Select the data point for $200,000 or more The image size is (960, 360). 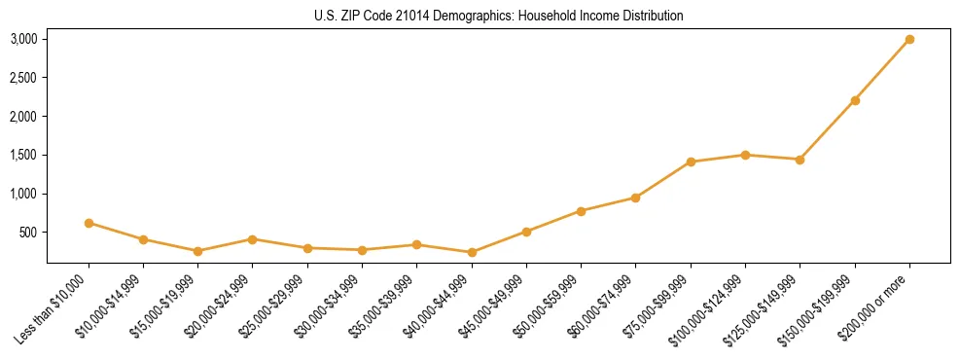(x=909, y=39)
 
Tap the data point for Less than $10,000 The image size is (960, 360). (x=89, y=223)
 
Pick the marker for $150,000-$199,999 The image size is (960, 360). (x=855, y=100)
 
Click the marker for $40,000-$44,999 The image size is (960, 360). (x=472, y=252)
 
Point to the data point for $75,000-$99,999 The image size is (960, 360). (x=691, y=162)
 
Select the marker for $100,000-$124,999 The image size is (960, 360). (x=745, y=155)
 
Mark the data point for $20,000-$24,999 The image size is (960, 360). (x=253, y=239)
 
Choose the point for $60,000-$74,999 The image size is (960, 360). (x=636, y=198)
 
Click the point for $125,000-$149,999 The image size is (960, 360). (x=800, y=160)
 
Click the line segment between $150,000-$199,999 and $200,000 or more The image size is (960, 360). (x=882, y=70)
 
